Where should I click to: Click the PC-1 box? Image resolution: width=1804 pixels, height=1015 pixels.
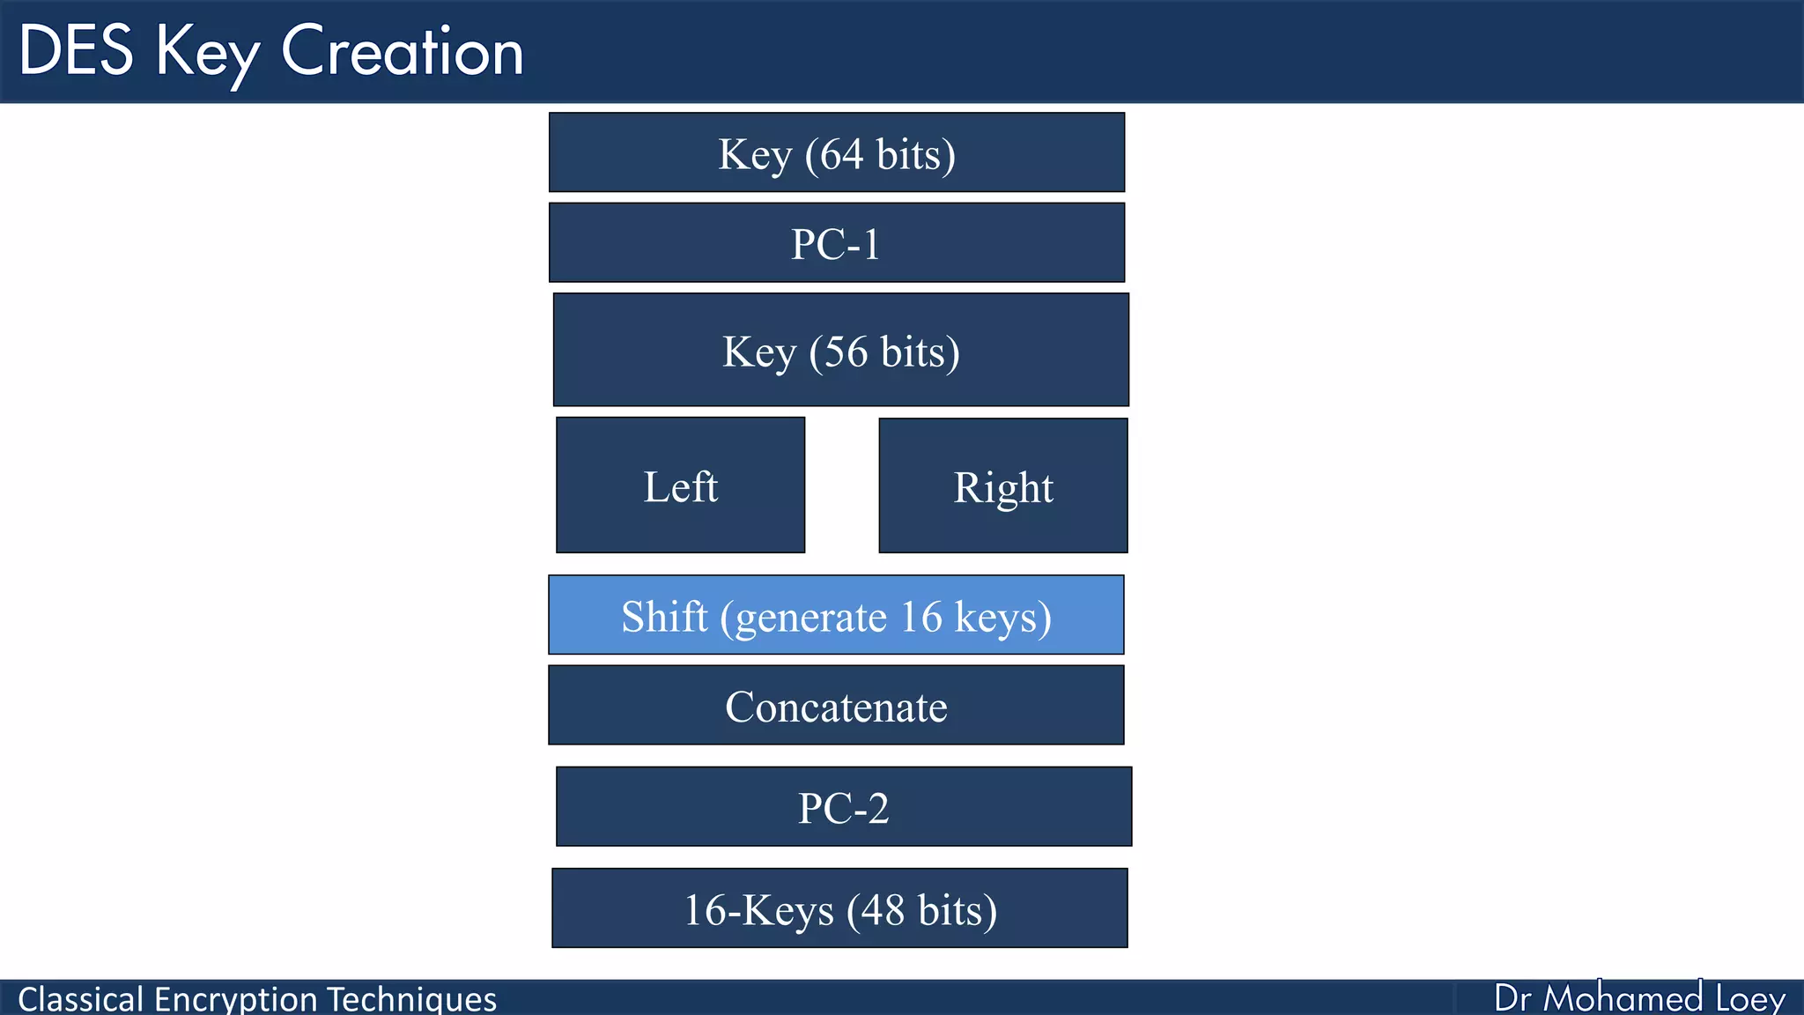pyautogui.click(x=836, y=243)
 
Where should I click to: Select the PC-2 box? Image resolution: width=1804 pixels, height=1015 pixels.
pyautogui.click(x=843, y=807)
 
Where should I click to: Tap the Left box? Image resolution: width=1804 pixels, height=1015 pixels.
pyautogui.click(x=680, y=485)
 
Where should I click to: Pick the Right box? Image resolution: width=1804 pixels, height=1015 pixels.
pyautogui.click(x=1002, y=486)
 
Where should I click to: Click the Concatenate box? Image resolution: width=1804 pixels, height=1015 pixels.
pyautogui.click(x=836, y=706)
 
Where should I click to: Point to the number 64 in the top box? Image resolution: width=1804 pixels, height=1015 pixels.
pyautogui.click(x=842, y=154)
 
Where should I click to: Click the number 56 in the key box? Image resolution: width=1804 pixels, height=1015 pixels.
pyautogui.click(x=847, y=352)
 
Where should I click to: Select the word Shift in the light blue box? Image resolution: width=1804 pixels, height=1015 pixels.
pyautogui.click(x=664, y=616)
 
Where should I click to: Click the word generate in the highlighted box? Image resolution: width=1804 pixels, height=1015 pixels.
pyautogui.click(x=810, y=618)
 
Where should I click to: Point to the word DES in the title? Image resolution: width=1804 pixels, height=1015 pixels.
pyautogui.click(x=76, y=51)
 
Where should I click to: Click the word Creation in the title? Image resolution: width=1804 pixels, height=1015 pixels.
pyautogui.click(x=402, y=51)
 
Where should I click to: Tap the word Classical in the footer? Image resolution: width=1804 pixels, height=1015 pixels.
pyautogui.click(x=80, y=999)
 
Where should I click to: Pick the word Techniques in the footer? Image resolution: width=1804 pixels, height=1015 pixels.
pyautogui.click(x=411, y=999)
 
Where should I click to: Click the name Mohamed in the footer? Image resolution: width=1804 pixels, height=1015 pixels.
pyautogui.click(x=1623, y=998)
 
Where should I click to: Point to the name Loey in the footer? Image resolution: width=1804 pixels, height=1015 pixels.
pyautogui.click(x=1749, y=998)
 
